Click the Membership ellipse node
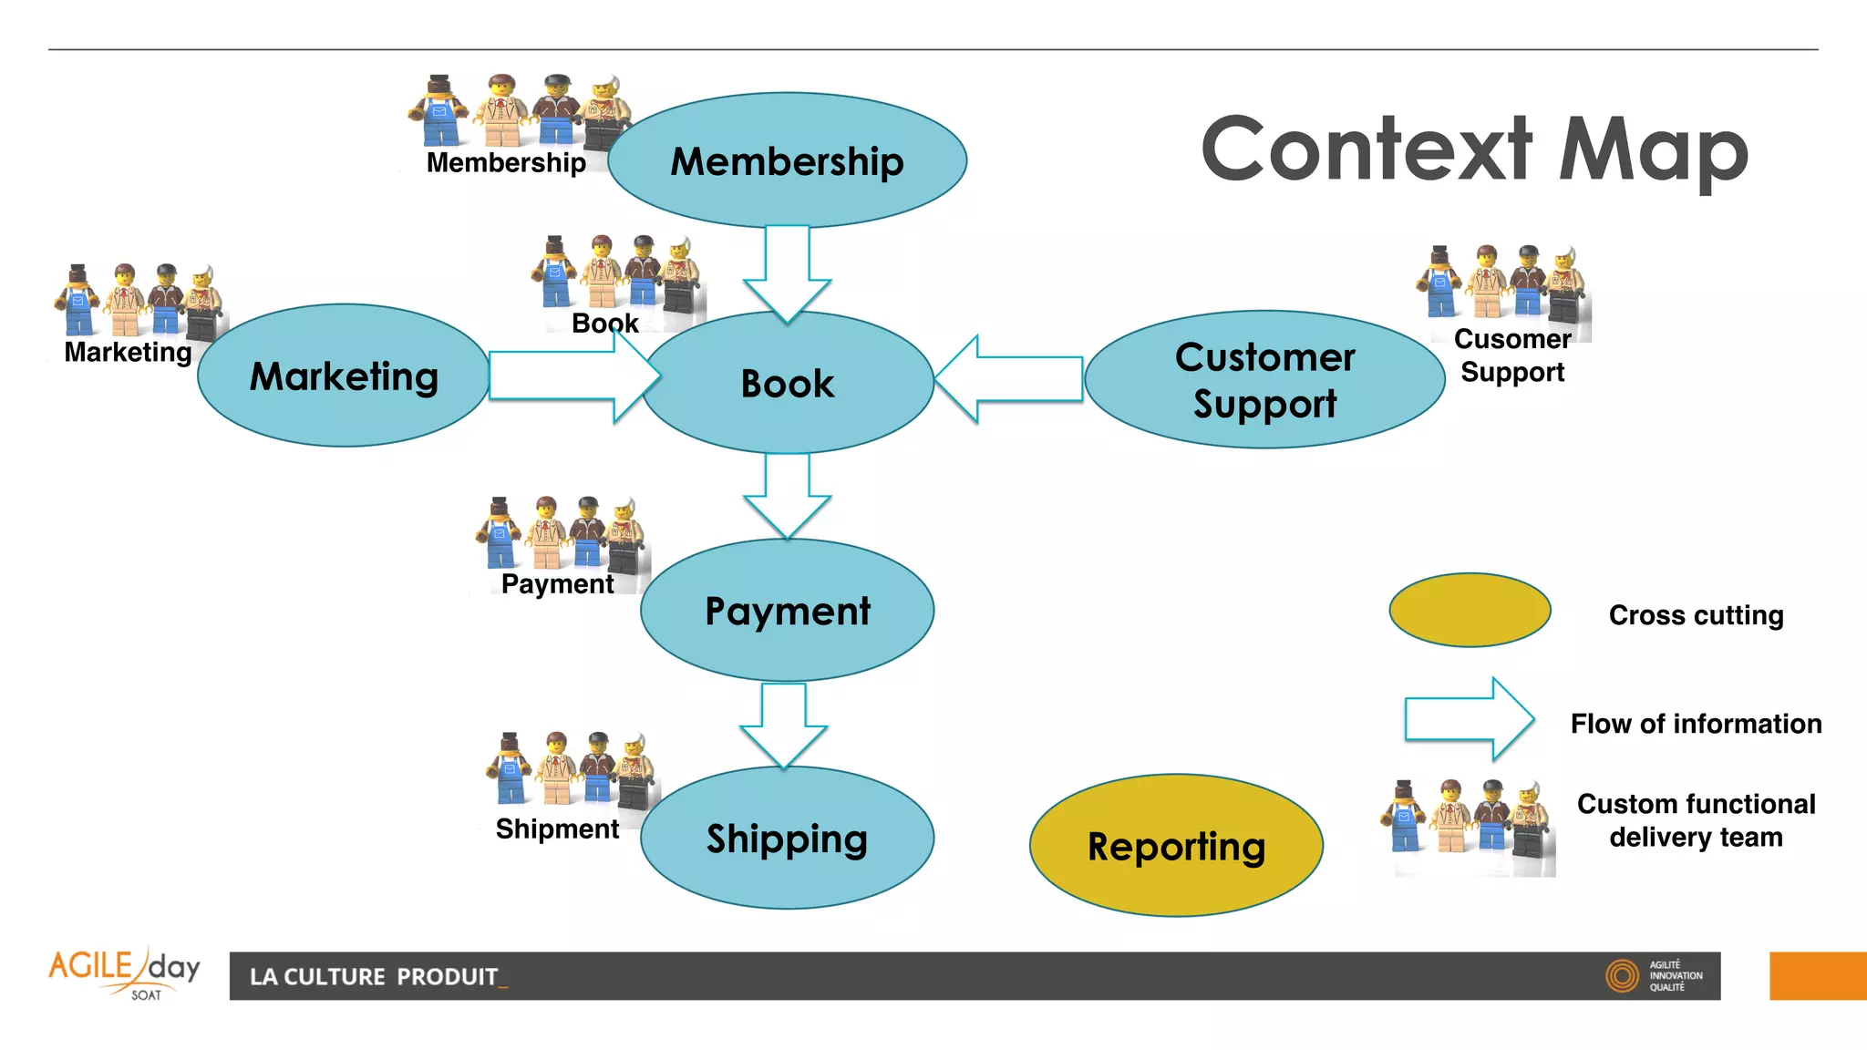787,160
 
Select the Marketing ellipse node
344,376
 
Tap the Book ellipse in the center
788,383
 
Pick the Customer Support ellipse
1264,380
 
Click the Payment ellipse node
788,610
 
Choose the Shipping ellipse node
788,838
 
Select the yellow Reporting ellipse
1176,846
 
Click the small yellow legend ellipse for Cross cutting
1470,610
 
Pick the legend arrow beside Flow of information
1468,719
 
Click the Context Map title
1474,149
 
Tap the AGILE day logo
124,973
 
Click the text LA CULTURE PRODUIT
375,977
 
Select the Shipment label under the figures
557,829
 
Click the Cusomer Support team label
1512,355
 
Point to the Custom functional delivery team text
1696,820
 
